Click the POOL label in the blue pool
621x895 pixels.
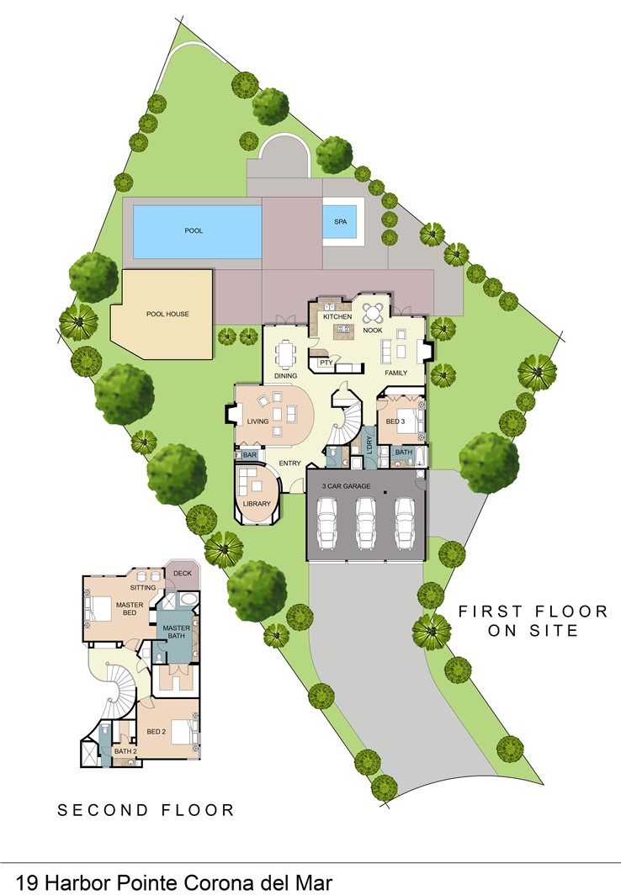[x=194, y=230]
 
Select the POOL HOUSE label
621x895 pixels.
[x=167, y=314]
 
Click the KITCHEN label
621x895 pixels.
[x=337, y=316]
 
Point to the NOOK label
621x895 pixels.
[x=372, y=331]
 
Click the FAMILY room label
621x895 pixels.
[x=395, y=372]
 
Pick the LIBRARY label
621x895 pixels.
[x=257, y=504]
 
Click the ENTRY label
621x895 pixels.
[x=289, y=463]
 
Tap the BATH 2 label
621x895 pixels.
[x=125, y=751]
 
